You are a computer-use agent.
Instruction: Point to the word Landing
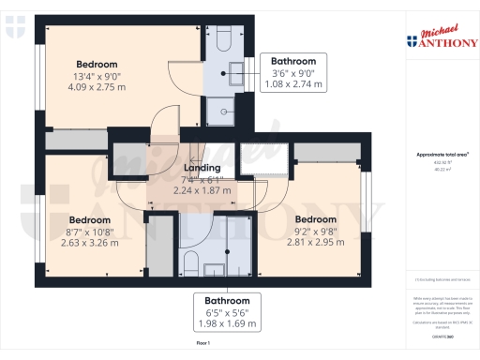[201, 168]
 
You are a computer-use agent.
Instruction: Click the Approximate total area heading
[442, 154]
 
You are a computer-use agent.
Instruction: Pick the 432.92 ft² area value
[442, 162]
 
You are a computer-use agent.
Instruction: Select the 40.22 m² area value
[442, 170]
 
